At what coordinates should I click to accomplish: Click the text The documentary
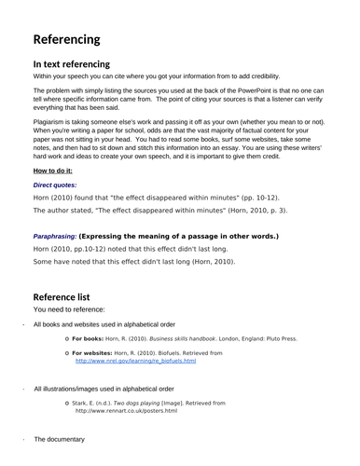tap(59, 439)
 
